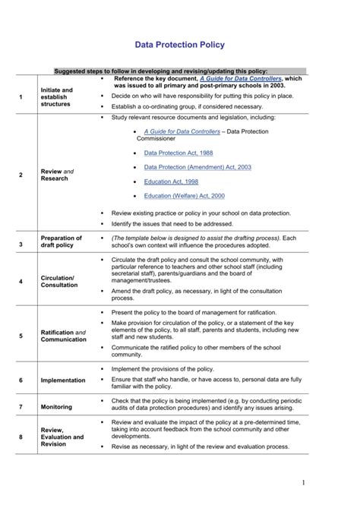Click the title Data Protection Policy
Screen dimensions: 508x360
point(179,45)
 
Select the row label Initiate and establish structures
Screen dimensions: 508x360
point(57,97)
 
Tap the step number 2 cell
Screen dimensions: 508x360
point(21,175)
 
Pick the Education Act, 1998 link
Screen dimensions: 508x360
point(171,181)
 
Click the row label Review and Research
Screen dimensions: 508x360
point(57,175)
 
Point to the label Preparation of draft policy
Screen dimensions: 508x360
point(61,241)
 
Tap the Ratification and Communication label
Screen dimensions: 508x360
point(63,336)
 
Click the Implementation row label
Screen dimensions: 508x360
point(63,380)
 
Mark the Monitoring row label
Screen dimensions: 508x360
point(56,407)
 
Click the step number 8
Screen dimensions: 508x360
point(21,437)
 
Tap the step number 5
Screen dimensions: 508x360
point(21,336)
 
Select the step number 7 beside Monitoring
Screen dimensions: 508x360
point(21,407)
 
